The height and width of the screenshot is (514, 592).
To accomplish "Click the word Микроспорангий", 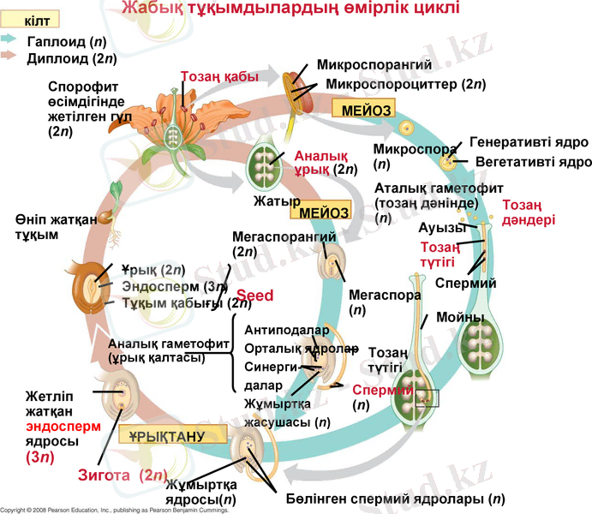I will pos(374,65).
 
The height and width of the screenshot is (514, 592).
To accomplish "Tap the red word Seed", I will pos(254,296).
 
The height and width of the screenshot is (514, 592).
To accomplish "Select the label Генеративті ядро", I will pos(528,142).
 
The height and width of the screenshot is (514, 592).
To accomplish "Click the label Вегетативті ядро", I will pos(535,160).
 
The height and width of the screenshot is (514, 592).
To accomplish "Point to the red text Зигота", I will pos(107,475).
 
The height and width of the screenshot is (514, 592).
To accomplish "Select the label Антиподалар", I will pos(281,330).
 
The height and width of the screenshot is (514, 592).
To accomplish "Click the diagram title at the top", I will pos(290,9).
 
